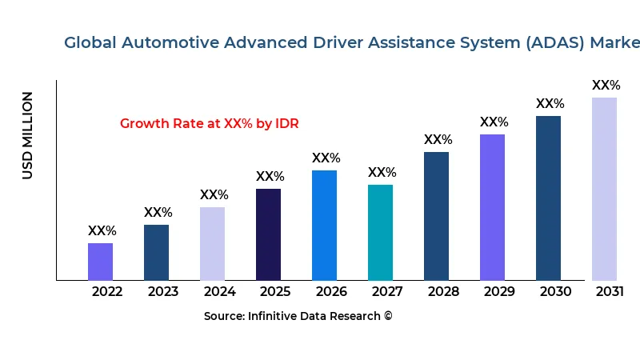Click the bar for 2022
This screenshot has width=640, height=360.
coord(100,262)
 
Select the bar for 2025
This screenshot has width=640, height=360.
coord(268,234)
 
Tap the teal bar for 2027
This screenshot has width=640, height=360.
coord(380,232)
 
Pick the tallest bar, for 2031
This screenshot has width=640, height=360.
coord(604,189)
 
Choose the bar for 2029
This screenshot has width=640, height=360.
coord(492,207)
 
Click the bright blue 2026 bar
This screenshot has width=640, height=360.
coord(324,225)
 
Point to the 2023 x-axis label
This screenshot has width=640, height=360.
coord(163,292)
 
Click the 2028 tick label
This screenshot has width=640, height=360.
coord(443,292)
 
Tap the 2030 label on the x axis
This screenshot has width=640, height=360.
coord(555,292)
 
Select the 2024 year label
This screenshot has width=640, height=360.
coord(219,292)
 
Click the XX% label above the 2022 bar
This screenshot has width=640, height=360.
coord(102,231)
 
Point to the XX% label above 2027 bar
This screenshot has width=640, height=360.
coord(382,173)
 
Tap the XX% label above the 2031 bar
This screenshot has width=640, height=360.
coord(606,86)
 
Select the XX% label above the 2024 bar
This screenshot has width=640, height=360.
coord(214,195)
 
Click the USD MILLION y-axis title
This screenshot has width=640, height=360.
coord(28,135)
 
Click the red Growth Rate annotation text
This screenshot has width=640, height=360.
coord(209,124)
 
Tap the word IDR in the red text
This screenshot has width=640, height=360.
coord(286,124)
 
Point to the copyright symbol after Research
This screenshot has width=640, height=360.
coord(388,316)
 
